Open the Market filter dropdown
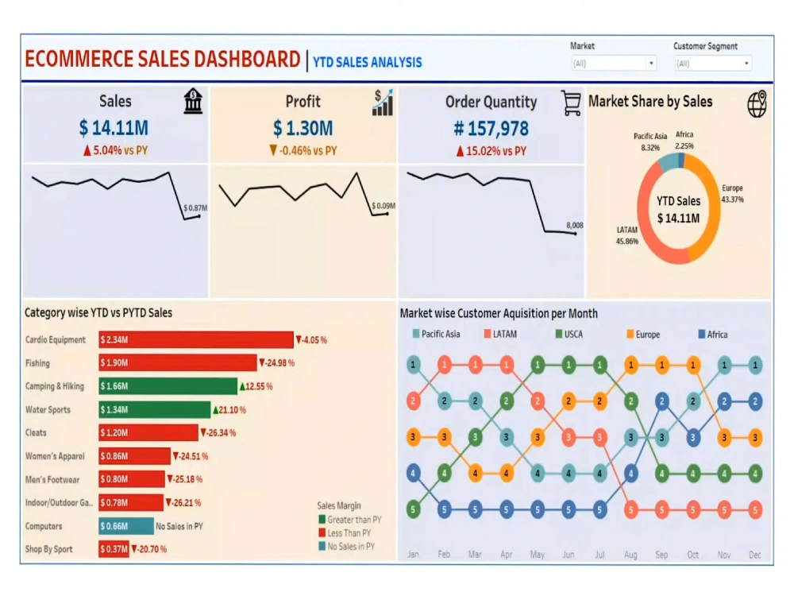[x=614, y=64]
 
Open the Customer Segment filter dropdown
[x=712, y=64]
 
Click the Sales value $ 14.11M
[x=114, y=127]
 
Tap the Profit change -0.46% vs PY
[x=303, y=151]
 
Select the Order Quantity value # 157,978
[x=491, y=128]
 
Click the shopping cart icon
[x=571, y=103]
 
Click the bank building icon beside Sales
[x=193, y=102]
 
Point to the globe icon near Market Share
[x=757, y=103]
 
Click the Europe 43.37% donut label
[x=732, y=193]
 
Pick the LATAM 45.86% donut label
[x=626, y=235]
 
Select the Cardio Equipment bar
[x=196, y=340]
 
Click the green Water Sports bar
[x=154, y=410]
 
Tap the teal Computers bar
[x=126, y=526]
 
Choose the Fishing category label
[x=37, y=363]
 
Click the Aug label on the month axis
[x=631, y=554]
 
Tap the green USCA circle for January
[x=413, y=509]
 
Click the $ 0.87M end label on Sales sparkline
[x=195, y=208]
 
